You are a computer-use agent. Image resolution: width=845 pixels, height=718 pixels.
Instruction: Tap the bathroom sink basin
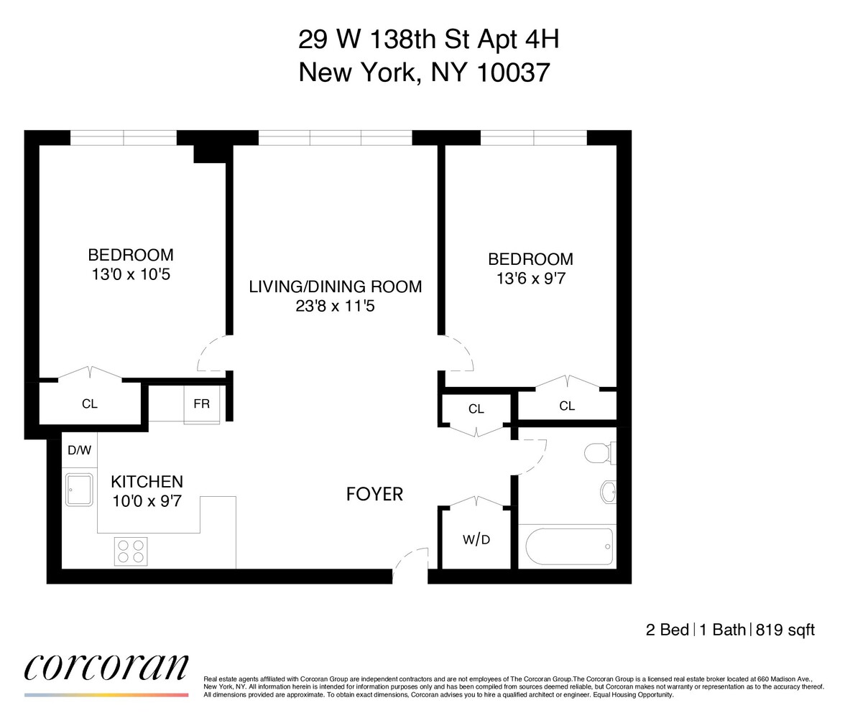pos(608,493)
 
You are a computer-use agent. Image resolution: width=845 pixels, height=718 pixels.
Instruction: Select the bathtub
pos(569,547)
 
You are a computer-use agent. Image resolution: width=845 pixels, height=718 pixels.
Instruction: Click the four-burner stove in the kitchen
pos(131,551)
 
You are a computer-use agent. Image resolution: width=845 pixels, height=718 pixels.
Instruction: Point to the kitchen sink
pos(78,490)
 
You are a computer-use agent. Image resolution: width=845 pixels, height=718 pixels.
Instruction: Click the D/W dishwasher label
pos(79,451)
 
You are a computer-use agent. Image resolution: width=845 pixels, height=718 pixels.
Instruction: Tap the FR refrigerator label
pos(201,404)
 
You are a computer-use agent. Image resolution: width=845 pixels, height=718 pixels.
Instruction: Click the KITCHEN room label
pos(147,482)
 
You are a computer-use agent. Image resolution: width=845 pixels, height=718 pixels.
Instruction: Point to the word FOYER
pos(374,494)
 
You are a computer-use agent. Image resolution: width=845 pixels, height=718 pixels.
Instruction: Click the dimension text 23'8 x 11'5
pos(335,307)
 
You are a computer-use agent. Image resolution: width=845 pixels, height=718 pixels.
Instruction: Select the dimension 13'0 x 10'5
pos(130,274)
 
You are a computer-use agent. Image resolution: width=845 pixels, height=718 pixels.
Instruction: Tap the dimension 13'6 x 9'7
pos(530,279)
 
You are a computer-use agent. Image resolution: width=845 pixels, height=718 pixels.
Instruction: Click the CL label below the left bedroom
pos(89,404)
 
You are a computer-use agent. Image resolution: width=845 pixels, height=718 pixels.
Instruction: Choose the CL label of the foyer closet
pos(476,409)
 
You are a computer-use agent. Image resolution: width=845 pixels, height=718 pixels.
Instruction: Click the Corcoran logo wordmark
pos(106,667)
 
